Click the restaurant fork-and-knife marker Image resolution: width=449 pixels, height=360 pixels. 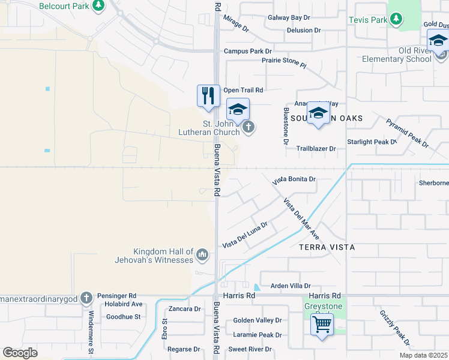point(208,96)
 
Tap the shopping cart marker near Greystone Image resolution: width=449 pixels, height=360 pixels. point(322,325)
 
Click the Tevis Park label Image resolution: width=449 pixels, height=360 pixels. point(368,20)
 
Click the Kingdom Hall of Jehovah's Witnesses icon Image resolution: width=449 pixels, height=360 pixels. point(202,256)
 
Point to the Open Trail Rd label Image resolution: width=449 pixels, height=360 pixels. point(244,90)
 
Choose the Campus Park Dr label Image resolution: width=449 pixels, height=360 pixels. point(248,52)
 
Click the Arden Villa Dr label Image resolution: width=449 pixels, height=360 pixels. point(291,286)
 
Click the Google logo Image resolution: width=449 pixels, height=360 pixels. point(19,353)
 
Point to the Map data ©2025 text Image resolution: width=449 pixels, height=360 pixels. point(423,355)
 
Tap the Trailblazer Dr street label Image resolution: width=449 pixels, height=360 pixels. point(315,148)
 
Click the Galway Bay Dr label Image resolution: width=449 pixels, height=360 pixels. point(289,19)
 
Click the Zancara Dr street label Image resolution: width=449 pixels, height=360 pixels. point(184,308)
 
